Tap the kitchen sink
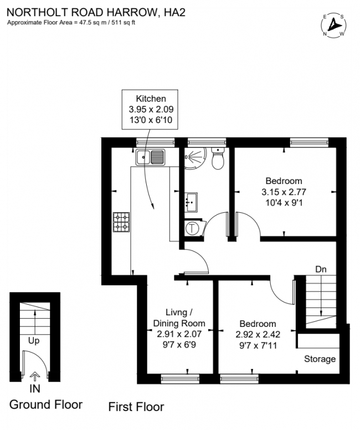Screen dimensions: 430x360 coord(150,157)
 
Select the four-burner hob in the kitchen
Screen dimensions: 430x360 coord(122,222)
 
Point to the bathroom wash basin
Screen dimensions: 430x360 coord(192,202)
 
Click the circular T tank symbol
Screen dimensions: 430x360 coord(192,228)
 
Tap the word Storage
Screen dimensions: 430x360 coord(320,359)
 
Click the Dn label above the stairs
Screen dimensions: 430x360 coord(321,269)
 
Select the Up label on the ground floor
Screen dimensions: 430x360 coord(34,341)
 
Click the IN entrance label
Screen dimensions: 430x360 coord(34,390)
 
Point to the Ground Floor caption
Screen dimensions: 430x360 coord(46,404)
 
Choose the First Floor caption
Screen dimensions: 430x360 coord(136,407)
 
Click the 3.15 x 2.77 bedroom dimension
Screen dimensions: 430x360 coord(284,192)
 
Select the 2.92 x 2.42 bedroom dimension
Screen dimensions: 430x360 coord(258,335)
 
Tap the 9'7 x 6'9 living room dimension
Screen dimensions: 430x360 coord(178,345)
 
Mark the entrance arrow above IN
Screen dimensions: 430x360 coord(34,376)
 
